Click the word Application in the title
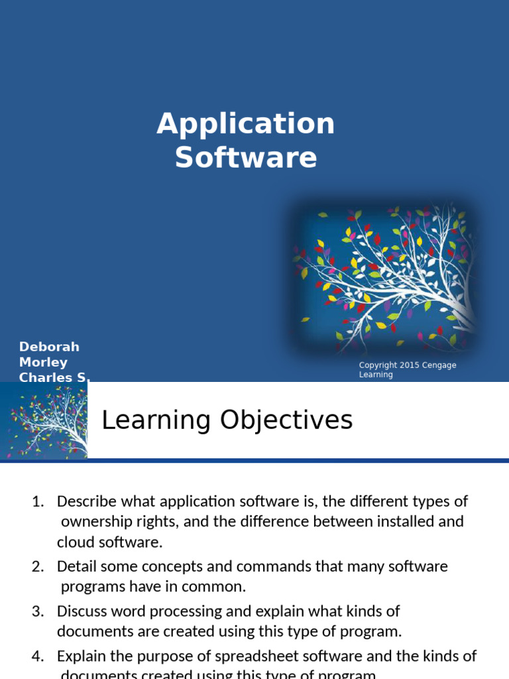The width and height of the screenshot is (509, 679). [246, 124]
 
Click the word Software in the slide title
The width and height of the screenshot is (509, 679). [246, 158]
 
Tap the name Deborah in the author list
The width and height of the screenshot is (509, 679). [49, 347]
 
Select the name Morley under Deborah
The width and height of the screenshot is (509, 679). [43, 362]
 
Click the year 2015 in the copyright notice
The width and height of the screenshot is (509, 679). [408, 365]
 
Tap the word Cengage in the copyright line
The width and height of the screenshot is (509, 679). [439, 365]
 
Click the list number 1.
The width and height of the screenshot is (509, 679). [37, 501]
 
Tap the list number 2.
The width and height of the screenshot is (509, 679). [37, 566]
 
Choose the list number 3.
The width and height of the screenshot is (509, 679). [37, 611]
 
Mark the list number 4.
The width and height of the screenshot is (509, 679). [37, 656]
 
